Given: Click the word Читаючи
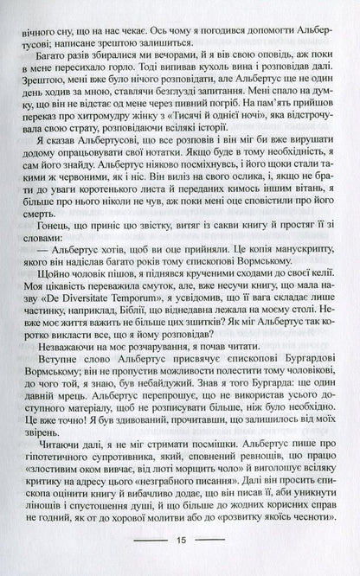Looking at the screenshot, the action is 58,458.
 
